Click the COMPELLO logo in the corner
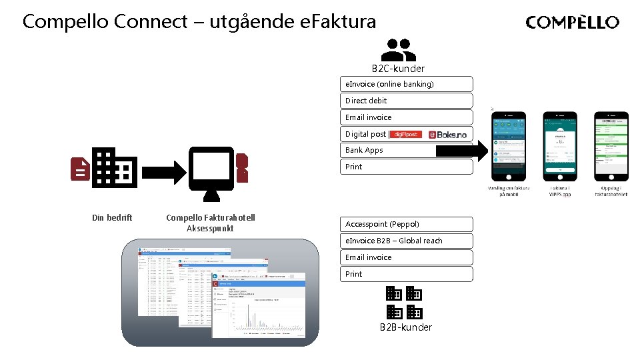(572, 23)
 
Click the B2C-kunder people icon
(398, 49)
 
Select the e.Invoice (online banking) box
(407, 84)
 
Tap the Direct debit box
(407, 101)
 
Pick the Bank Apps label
(364, 151)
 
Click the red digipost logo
(405, 134)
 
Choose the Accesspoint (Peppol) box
(407, 224)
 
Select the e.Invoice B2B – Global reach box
(407, 241)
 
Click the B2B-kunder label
(405, 327)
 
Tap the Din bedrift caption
(112, 218)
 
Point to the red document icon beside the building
(80, 169)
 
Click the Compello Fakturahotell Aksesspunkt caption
(210, 223)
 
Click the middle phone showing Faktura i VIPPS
(560, 146)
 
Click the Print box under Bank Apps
(407, 167)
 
